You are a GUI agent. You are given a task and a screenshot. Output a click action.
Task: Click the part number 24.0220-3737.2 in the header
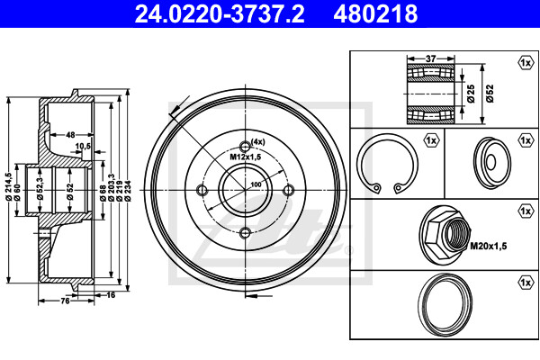pyautogui.click(x=220, y=14)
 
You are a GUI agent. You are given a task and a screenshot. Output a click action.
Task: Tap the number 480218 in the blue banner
pyautogui.click(x=375, y=14)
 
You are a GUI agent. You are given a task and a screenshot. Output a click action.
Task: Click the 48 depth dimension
pyautogui.click(x=70, y=135)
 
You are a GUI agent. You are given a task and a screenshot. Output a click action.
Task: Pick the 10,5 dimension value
pyautogui.click(x=83, y=146)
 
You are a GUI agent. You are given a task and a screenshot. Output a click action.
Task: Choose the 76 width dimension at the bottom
pyautogui.click(x=65, y=301)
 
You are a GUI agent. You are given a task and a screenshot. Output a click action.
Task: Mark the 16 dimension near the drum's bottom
pyautogui.click(x=111, y=295)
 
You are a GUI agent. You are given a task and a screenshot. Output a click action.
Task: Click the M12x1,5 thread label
pyautogui.click(x=246, y=157)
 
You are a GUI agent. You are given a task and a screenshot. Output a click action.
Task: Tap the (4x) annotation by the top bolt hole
pyautogui.click(x=258, y=141)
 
